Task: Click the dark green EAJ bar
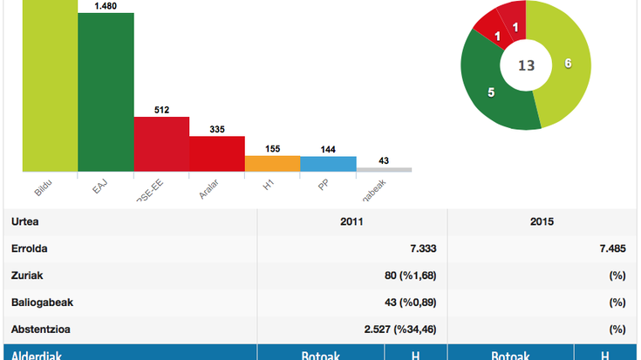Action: (x=106, y=92)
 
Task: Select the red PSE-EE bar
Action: (x=161, y=144)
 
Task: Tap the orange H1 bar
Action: (x=272, y=163)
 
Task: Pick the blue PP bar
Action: (x=328, y=164)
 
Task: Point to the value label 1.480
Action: (x=106, y=7)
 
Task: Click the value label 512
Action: (x=161, y=110)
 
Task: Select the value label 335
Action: (x=217, y=129)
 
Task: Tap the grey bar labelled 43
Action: (x=384, y=169)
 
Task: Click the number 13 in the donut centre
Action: (x=526, y=65)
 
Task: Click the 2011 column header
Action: (x=352, y=221)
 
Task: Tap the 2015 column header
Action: (x=542, y=221)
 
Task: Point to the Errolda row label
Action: (x=30, y=248)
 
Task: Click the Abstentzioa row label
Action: (x=39, y=329)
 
